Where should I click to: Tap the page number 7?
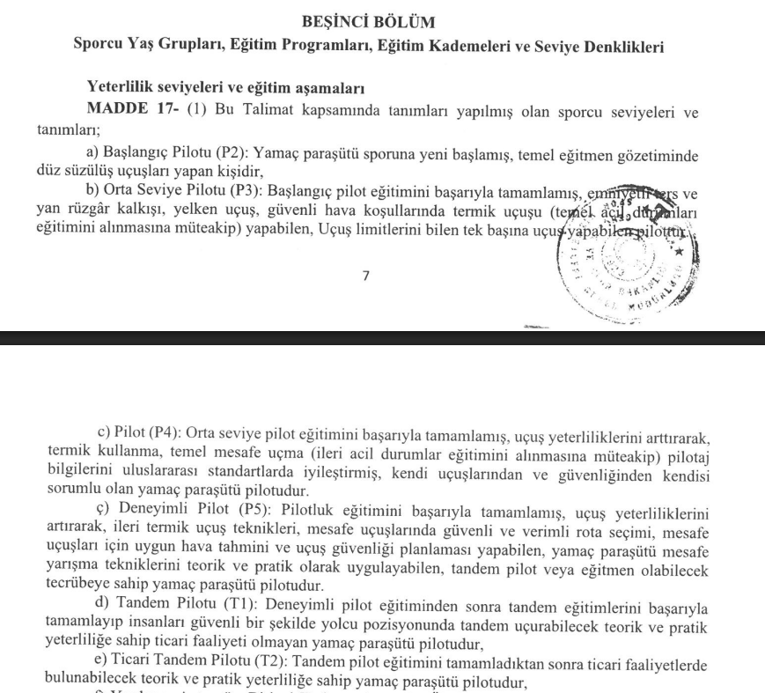coord(365,276)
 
